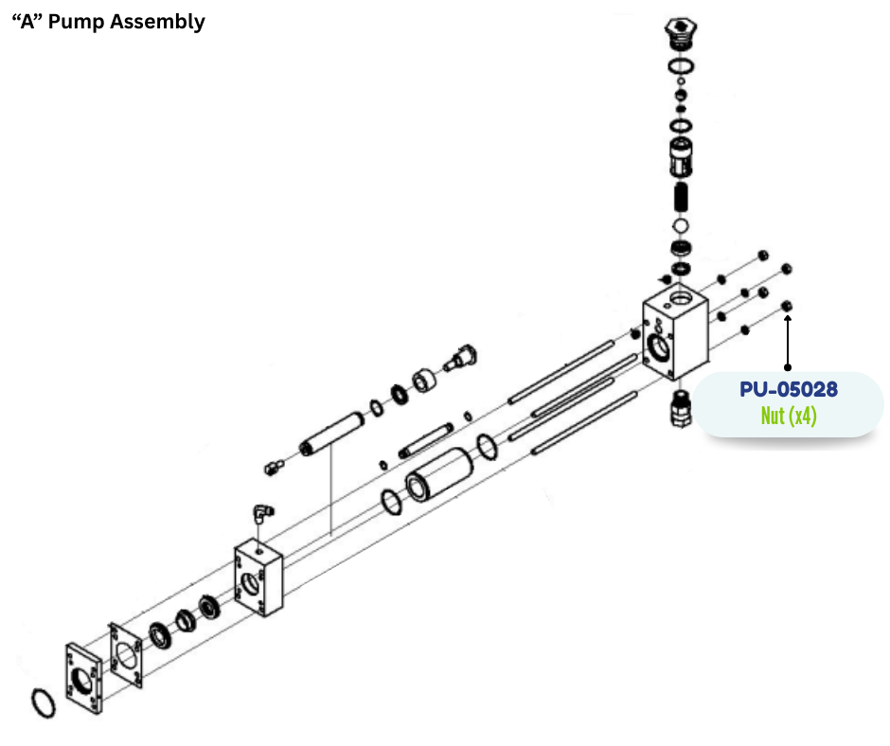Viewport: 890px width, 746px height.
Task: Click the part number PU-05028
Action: (788, 388)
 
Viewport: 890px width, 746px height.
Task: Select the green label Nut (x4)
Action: (789, 416)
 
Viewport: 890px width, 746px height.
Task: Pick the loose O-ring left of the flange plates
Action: (43, 702)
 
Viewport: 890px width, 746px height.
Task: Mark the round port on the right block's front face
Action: (658, 346)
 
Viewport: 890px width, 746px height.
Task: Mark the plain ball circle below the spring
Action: (679, 227)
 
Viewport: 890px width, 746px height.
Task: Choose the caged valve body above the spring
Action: (679, 157)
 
